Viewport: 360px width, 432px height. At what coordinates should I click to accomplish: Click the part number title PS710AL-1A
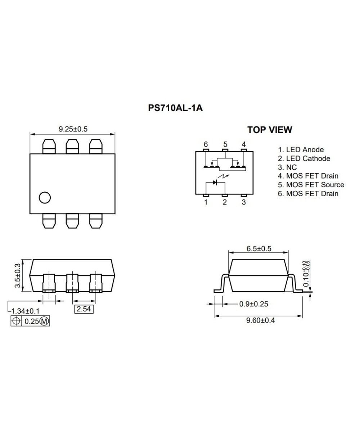pos(175,108)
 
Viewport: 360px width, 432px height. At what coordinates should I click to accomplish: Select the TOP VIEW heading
pos(270,130)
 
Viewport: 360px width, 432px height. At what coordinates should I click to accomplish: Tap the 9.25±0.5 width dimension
pos(73,129)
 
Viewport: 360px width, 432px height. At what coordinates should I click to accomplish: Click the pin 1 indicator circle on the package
pos(45,197)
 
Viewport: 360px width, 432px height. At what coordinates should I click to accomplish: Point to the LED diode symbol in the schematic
pos(215,182)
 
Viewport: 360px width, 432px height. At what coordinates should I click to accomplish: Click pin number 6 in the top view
pos(206,144)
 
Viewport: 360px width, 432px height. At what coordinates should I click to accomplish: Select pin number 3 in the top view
pos(244,202)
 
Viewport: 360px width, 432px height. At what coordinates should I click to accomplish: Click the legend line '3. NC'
pos(287,167)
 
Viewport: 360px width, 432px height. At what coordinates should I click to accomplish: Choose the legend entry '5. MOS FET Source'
pos(311,185)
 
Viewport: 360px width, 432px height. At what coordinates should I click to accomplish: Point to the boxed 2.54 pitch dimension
pos(84,309)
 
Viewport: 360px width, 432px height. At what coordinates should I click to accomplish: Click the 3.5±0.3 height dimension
pos(17,275)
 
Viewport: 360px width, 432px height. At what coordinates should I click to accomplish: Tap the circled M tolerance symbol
pos(44,321)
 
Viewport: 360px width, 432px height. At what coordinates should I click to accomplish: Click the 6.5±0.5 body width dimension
pos(258,249)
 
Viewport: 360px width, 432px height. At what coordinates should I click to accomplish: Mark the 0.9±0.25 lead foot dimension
pos(253,304)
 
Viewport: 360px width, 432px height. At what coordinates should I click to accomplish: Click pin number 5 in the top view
pos(225,144)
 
